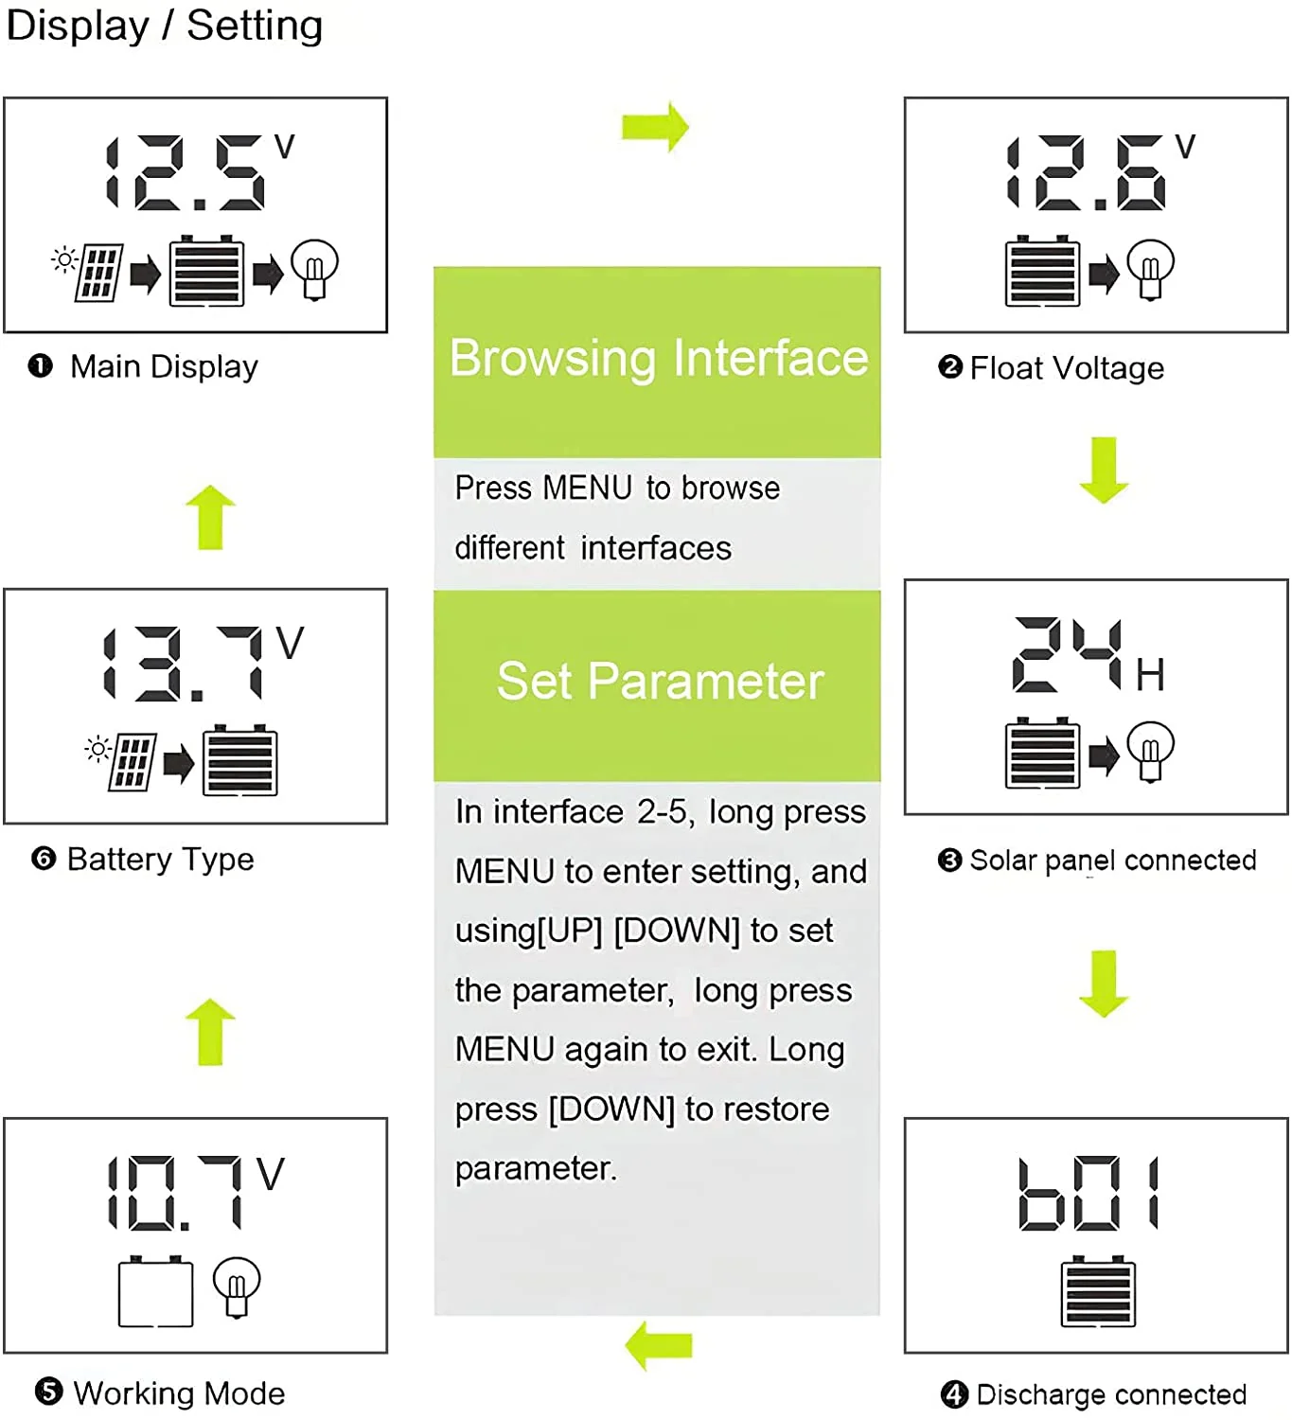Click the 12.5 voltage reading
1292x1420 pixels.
pos(186,172)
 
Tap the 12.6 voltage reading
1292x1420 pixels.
pos(1087,172)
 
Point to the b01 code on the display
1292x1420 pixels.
pos(1088,1193)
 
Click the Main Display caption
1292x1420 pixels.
pos(163,367)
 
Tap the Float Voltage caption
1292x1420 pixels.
pos(1066,368)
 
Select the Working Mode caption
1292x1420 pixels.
pos(178,1393)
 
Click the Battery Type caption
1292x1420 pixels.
pos(160,860)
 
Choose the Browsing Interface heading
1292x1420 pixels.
pos(658,359)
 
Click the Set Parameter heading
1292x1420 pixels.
pos(660,682)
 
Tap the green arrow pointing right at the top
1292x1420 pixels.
pos(655,126)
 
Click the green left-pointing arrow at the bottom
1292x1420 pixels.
pos(659,1345)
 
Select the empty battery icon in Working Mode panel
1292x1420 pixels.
pos(155,1292)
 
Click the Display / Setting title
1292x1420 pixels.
pos(164,26)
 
